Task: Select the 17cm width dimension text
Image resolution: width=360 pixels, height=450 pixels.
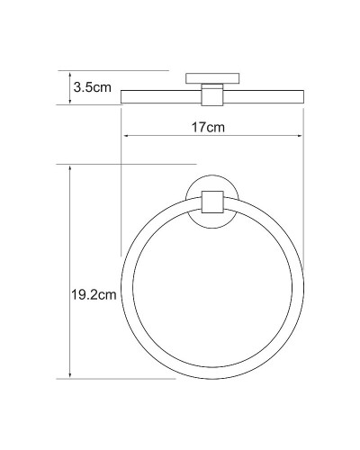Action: (209, 127)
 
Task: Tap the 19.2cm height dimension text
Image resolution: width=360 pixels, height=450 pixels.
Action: (94, 294)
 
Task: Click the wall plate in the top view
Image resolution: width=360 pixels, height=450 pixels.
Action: (212, 78)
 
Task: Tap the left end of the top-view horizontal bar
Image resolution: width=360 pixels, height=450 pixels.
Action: (123, 98)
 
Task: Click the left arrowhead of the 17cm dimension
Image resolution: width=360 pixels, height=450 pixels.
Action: (126, 137)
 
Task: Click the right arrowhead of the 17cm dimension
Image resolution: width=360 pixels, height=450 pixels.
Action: (300, 137)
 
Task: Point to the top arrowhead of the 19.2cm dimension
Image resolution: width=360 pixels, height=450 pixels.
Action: (69, 168)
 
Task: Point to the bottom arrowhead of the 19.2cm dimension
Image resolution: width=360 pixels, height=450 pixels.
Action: (69, 374)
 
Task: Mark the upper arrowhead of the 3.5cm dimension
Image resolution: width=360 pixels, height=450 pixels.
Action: (69, 73)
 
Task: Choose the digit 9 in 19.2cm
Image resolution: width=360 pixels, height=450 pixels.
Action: (80, 294)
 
